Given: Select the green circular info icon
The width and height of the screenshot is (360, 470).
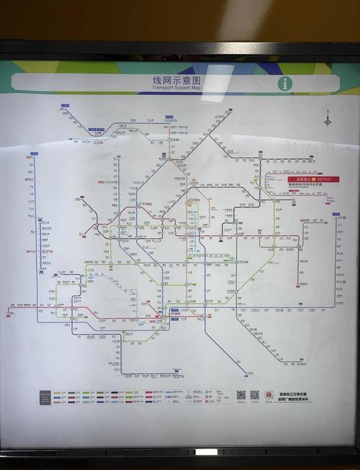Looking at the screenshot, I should coord(286,83).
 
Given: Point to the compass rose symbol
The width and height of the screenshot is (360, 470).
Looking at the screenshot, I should coord(328,121).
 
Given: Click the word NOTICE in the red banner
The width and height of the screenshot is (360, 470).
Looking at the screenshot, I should coord(324,178).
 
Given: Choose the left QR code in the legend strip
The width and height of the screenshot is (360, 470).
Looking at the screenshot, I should coord(240,395).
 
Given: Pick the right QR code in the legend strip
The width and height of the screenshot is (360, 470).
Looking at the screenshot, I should coord(254,395).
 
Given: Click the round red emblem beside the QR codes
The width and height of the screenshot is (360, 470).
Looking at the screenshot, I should coord(269,396).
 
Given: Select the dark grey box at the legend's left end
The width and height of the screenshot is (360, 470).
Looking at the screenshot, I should coord(45,397).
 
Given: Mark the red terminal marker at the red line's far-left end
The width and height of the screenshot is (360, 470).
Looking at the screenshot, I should coord(9,311).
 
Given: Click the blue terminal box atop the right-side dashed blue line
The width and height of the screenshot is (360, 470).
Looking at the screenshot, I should coord(336,214).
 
